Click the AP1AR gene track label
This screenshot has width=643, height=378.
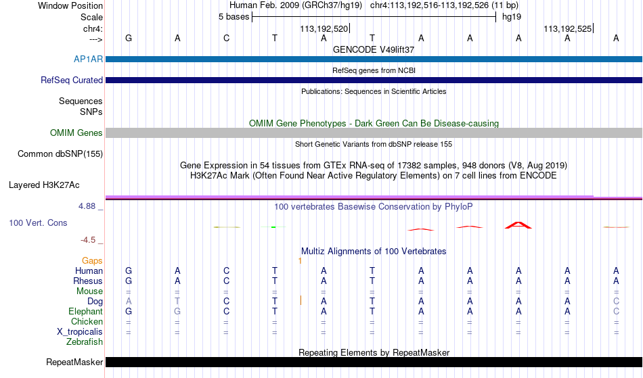tap(88, 59)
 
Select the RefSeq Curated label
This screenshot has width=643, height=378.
tap(72, 80)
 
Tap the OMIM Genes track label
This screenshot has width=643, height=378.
tap(76, 133)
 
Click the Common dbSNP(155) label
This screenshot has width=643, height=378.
tap(60, 153)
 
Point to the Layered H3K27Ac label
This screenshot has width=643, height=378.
tap(44, 185)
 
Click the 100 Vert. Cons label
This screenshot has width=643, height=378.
tap(38, 222)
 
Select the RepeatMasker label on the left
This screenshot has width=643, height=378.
tap(74, 362)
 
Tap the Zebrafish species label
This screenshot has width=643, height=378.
tap(85, 341)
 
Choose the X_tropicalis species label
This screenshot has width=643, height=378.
tap(80, 332)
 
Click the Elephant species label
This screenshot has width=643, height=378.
tap(86, 311)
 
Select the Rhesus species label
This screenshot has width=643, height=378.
tap(88, 281)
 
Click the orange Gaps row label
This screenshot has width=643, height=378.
tap(92, 260)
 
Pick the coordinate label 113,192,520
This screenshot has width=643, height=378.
tap(324, 28)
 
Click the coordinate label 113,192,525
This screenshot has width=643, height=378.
tap(568, 28)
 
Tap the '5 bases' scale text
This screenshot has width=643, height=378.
tap(234, 17)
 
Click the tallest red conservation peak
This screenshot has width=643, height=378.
tap(518, 225)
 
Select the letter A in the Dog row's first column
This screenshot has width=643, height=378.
tap(129, 301)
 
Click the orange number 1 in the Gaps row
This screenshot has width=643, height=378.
tap(300, 260)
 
